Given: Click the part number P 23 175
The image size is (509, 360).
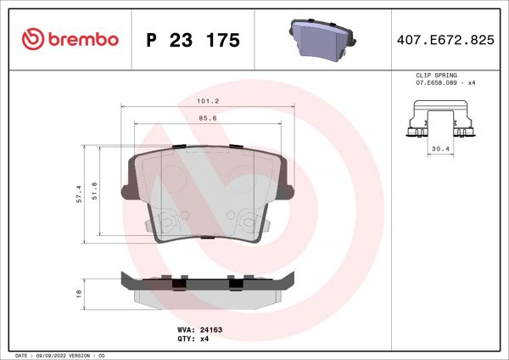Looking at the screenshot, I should [193, 40].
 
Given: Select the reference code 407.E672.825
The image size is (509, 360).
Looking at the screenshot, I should [445, 40].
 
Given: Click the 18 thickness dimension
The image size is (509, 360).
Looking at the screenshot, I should [78, 293].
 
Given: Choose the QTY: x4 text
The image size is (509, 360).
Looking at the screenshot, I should [192, 338].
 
